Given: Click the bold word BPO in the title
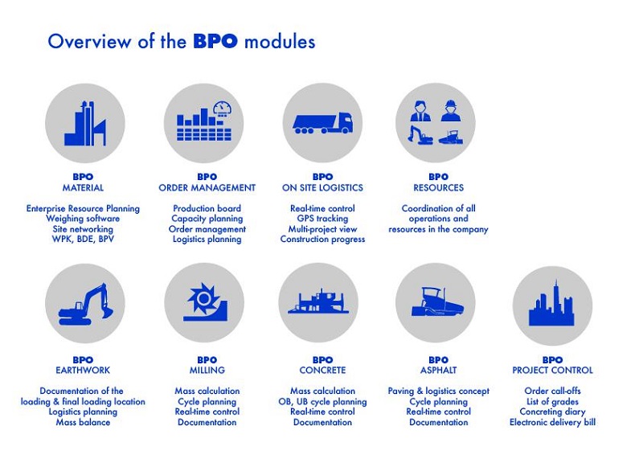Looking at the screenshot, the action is (x=215, y=42).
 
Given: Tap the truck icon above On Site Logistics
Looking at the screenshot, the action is (x=323, y=124).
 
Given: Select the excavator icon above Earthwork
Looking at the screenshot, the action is (x=86, y=305).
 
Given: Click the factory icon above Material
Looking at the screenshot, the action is (x=85, y=124).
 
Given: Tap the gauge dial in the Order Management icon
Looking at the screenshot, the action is (x=223, y=109).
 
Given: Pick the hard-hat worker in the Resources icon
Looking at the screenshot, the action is (x=451, y=111).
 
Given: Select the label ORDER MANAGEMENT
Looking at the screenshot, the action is (x=207, y=188).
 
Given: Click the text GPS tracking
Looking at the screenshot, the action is (x=323, y=219).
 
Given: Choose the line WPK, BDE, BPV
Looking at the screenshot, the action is (x=83, y=240).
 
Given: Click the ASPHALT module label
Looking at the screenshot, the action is (x=438, y=370).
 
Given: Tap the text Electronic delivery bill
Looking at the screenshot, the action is (x=552, y=422).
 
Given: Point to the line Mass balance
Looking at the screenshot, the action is (x=84, y=422).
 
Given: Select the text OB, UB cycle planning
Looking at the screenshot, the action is (x=323, y=402).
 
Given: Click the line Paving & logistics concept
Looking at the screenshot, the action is (x=438, y=391).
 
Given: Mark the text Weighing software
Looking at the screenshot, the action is (x=83, y=219).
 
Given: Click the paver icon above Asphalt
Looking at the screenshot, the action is (x=438, y=301).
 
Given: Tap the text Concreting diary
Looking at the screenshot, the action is (x=552, y=412).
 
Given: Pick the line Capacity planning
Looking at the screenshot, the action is (x=207, y=219).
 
